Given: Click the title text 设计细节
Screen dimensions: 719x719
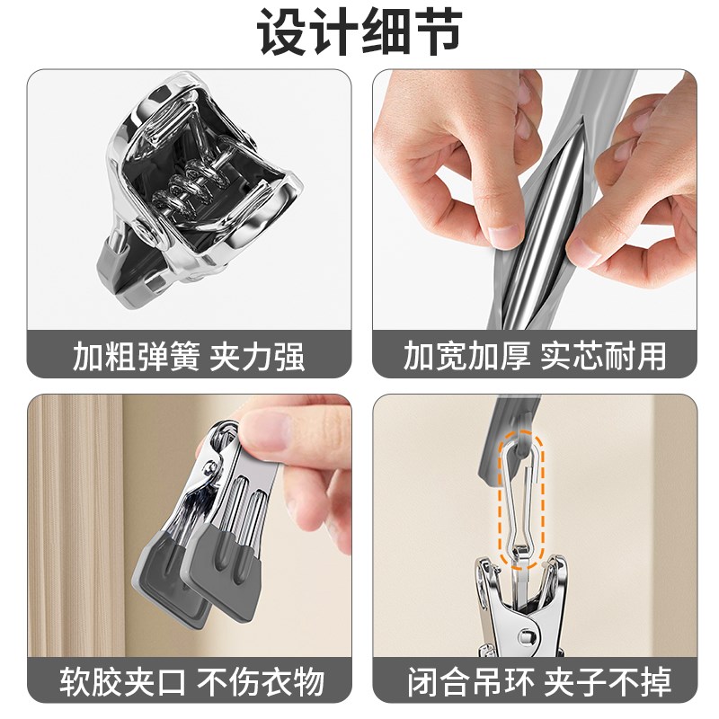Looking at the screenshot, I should point(359,33).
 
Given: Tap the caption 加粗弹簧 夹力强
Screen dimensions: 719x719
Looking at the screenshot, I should point(189,356).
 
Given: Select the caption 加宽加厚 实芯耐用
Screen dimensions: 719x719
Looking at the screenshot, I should point(536,356).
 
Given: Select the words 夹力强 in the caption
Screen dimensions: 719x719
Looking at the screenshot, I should point(257,356).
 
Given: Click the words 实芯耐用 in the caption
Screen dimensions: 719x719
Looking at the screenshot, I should point(604,356).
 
